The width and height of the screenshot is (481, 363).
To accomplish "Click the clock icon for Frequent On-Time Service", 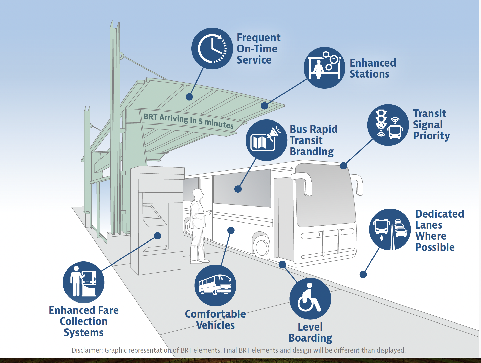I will (212, 48).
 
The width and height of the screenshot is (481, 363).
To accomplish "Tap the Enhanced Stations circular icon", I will (324, 68).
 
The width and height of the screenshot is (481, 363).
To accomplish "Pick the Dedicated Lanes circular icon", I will (390, 229).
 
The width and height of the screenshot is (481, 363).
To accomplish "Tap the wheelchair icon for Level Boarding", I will (310, 299).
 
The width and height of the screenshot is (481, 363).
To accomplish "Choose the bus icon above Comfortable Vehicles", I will (215, 285).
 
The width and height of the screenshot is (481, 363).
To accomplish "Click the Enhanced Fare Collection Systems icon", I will (83, 282).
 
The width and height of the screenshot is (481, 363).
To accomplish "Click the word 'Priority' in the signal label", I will (431, 136).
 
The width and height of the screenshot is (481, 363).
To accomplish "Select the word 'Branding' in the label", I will (312, 152).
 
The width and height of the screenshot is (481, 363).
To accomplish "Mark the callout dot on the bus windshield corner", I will (343, 166).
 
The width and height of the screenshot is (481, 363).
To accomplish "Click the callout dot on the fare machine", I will (157, 236).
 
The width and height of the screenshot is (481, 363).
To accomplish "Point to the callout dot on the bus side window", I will (238, 189).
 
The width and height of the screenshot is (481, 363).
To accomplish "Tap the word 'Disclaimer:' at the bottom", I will (87, 350).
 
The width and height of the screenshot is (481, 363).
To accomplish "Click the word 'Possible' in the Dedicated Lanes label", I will (435, 247).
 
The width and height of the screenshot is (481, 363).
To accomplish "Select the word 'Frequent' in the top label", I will (258, 38).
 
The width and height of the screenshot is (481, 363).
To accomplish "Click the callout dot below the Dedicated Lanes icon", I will (363, 274).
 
